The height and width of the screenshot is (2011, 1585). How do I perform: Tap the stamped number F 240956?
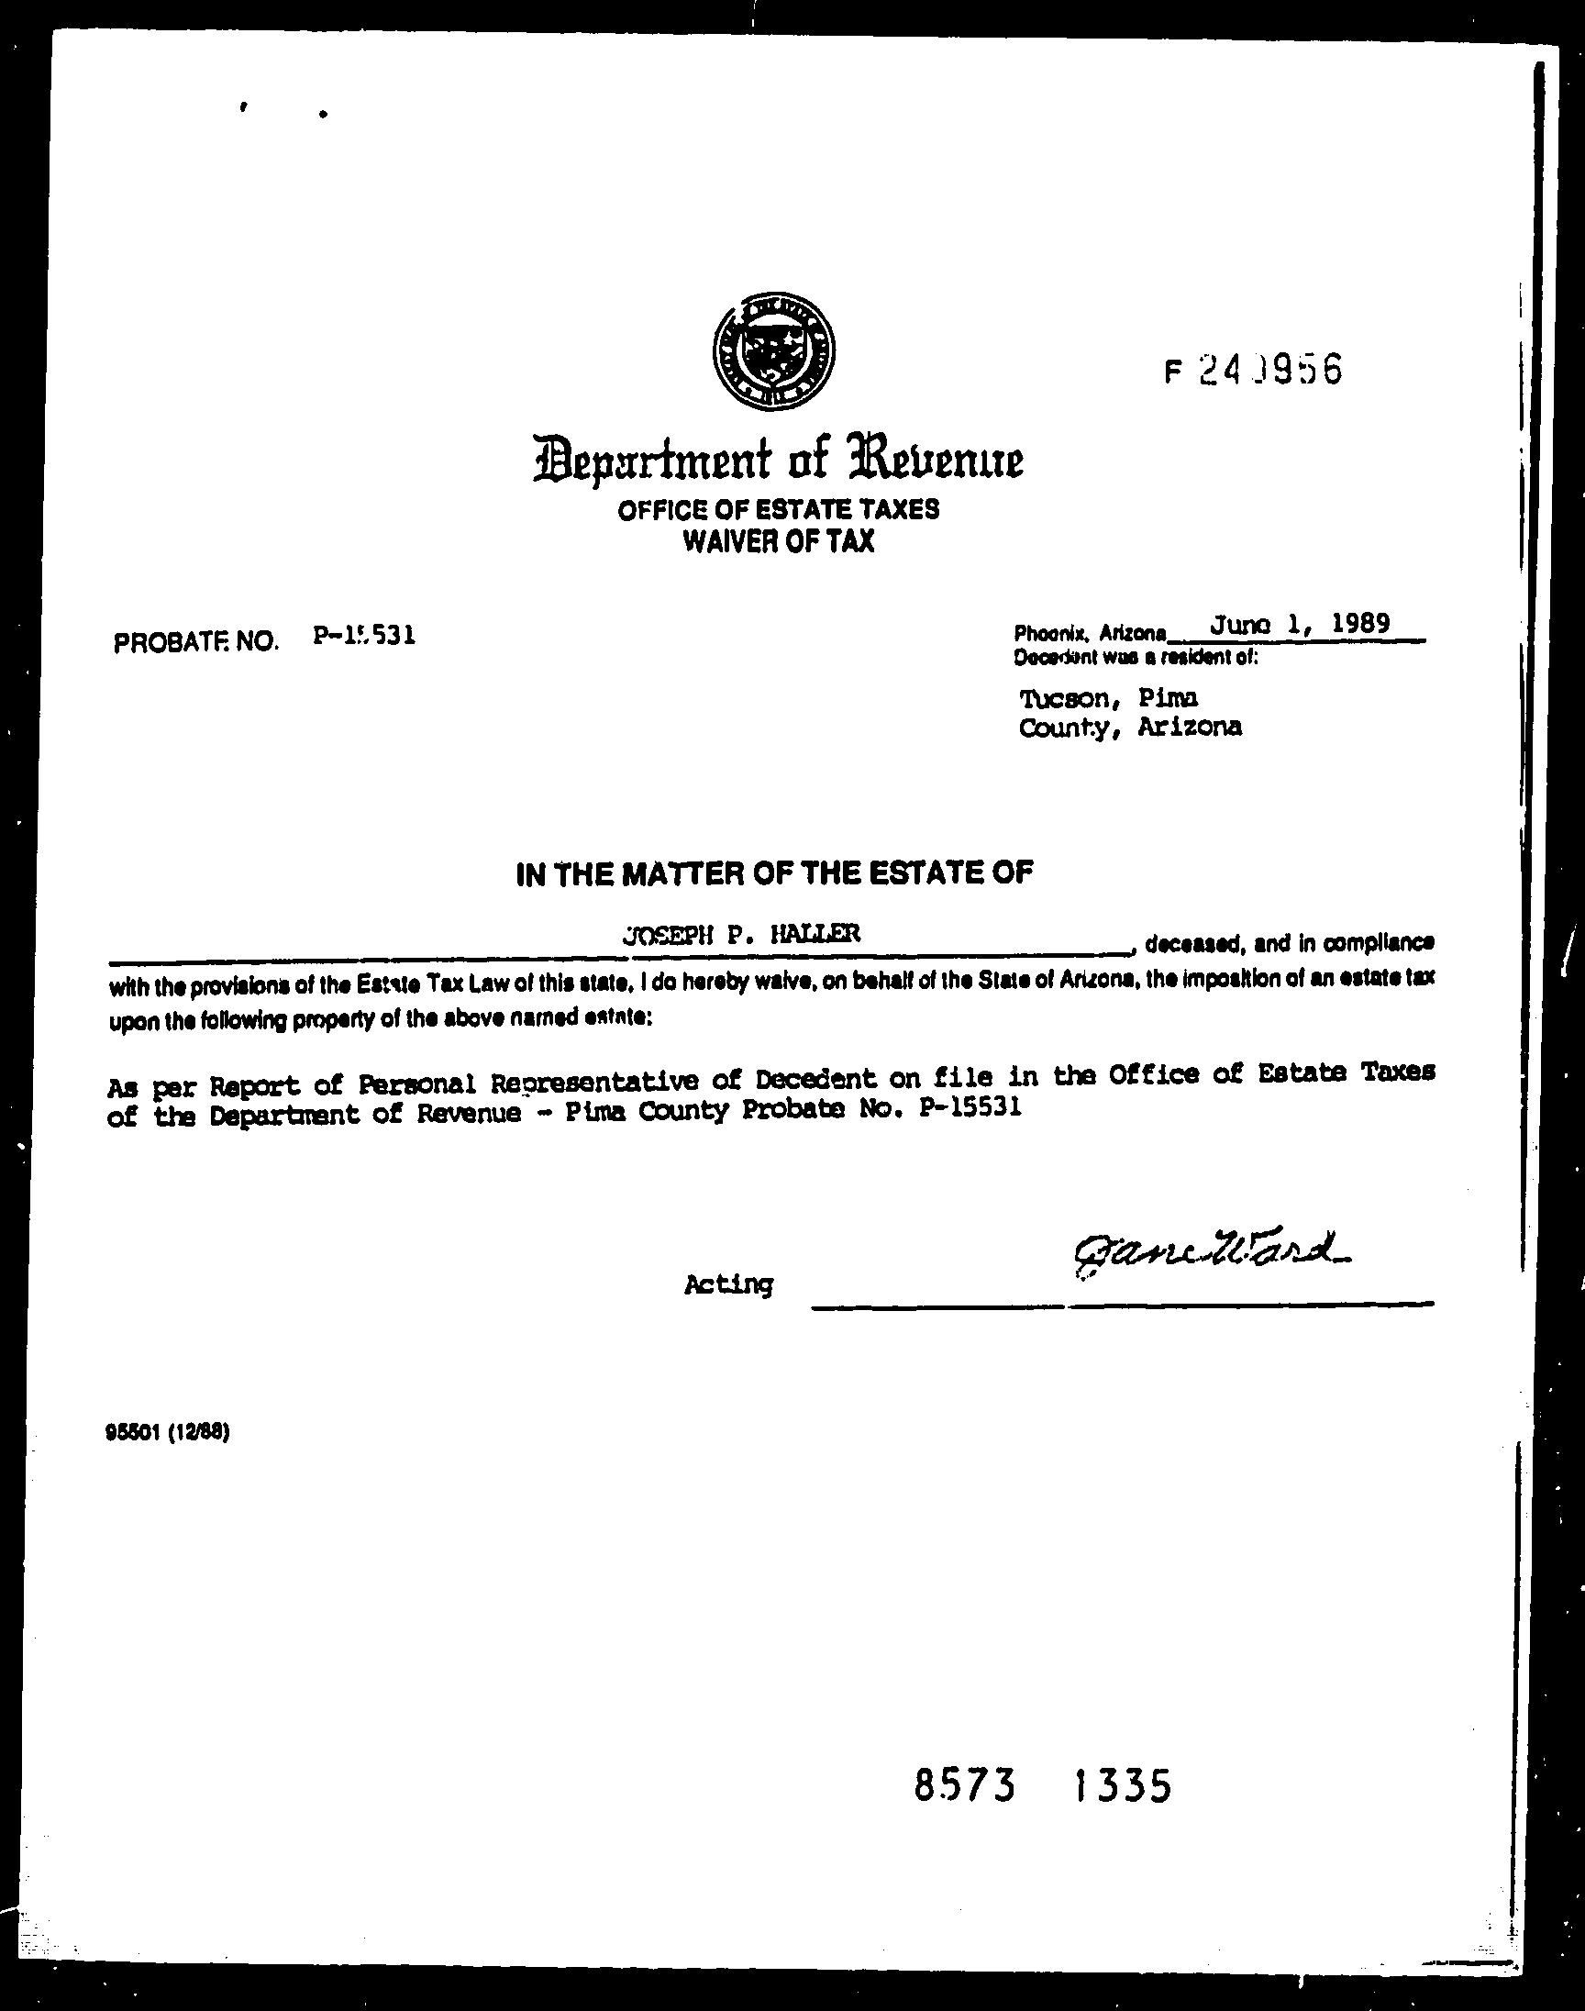point(1252,372)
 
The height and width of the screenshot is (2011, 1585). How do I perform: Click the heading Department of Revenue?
point(778,459)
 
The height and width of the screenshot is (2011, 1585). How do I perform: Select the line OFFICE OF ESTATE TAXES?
point(779,509)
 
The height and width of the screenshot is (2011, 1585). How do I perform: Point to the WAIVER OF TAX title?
point(779,541)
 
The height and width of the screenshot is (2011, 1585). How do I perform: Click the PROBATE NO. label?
point(195,641)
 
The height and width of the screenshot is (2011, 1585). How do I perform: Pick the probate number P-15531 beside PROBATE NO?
point(364,635)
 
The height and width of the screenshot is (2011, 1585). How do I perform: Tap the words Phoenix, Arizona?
point(1090,634)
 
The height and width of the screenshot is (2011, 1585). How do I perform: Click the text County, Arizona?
point(1129,728)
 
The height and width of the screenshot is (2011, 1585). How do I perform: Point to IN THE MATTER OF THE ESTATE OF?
point(774,873)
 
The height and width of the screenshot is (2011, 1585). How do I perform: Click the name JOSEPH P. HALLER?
point(741,936)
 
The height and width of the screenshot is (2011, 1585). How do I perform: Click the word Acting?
point(728,1284)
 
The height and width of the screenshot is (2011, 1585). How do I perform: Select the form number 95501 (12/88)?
point(168,1432)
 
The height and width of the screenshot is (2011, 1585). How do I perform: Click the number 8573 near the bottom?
point(964,1785)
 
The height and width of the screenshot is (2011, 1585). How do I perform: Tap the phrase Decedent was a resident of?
point(1136,658)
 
